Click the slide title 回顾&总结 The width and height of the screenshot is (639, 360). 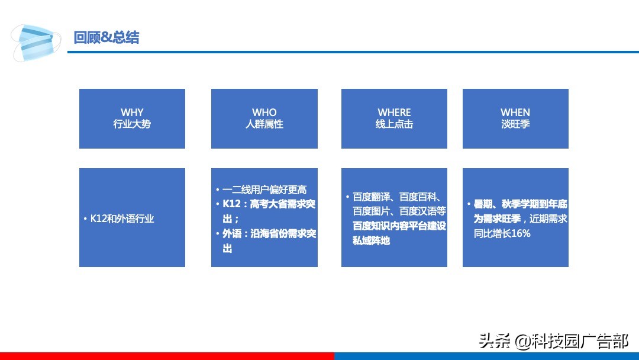pyautogui.click(x=106, y=38)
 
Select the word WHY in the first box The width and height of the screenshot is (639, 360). pyautogui.click(x=132, y=112)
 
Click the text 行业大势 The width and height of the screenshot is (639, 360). pyautogui.click(x=132, y=124)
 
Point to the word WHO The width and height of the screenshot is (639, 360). pyautogui.click(x=264, y=112)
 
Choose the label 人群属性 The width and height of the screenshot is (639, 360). pyautogui.click(x=264, y=124)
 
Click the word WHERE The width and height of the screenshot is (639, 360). pyautogui.click(x=394, y=112)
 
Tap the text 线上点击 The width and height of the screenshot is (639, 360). pyautogui.click(x=394, y=124)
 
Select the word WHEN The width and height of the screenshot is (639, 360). pyautogui.click(x=515, y=112)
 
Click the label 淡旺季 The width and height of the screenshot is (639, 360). pyautogui.click(x=515, y=124)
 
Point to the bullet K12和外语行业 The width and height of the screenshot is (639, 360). pyautogui.click(x=122, y=218)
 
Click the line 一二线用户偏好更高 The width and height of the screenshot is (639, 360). pyautogui.click(x=264, y=190)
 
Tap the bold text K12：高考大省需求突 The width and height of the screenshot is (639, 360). pyautogui.click(x=269, y=204)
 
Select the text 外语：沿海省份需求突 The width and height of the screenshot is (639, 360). pyautogui.click(x=269, y=234)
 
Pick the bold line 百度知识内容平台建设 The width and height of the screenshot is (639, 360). pyautogui.click(x=399, y=226)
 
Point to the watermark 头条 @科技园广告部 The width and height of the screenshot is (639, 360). pyautogui.click(x=554, y=341)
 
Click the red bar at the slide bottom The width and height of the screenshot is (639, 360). pyautogui.click(x=166, y=356)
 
